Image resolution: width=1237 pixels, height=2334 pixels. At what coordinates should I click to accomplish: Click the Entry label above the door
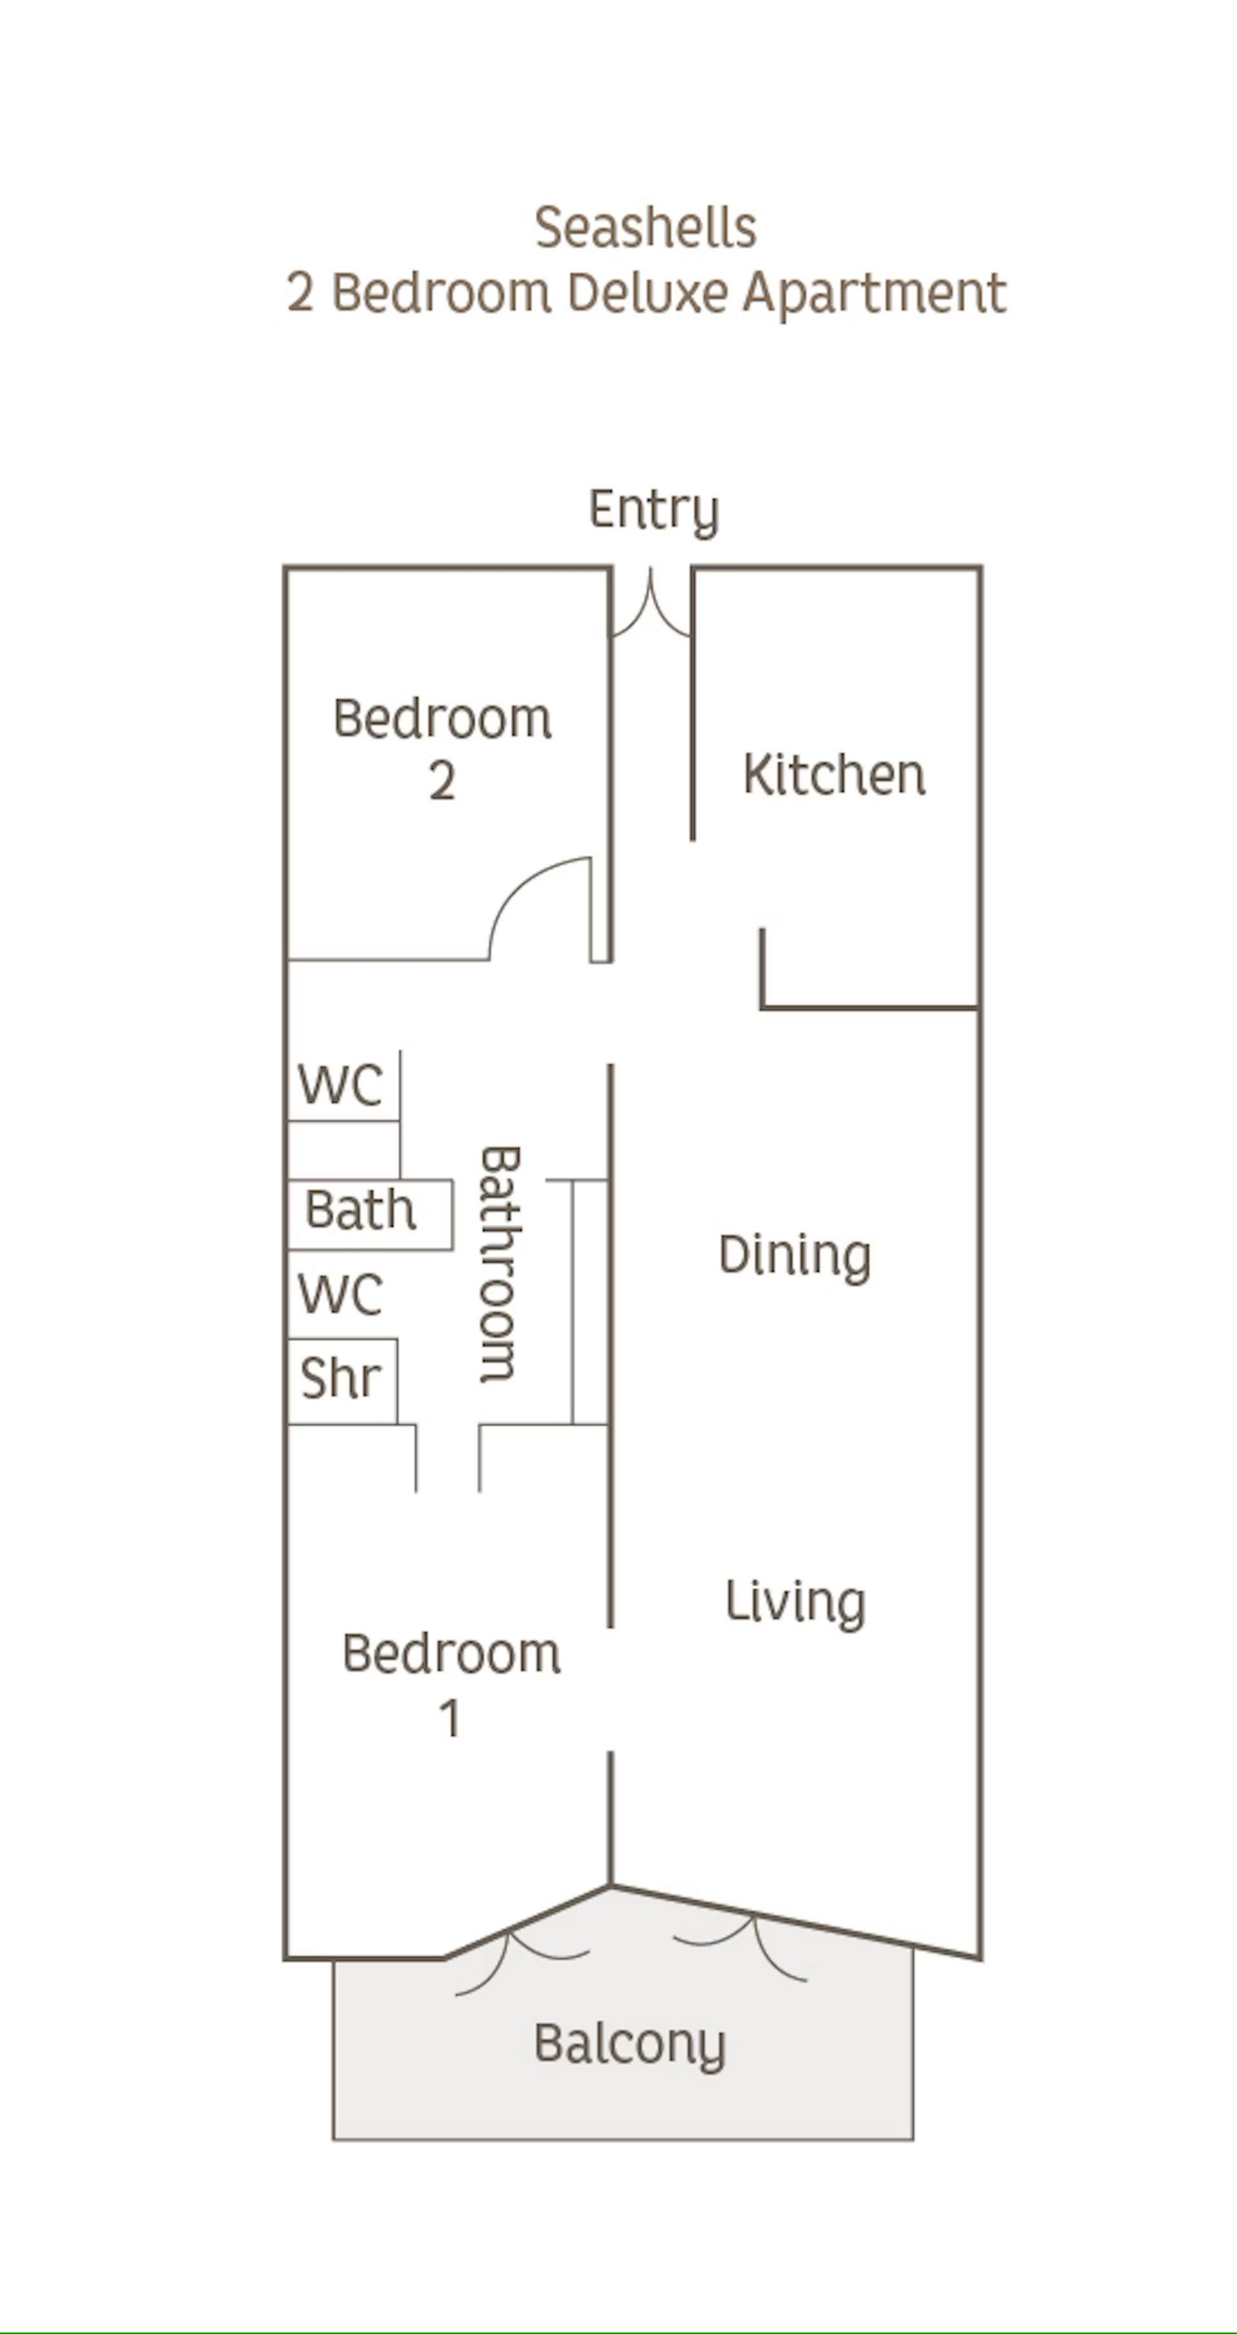(x=654, y=510)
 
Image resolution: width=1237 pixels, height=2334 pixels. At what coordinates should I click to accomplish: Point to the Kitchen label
(x=834, y=775)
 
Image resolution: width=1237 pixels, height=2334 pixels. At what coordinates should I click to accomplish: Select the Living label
(x=795, y=1602)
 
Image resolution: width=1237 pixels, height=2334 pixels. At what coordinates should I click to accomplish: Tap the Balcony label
(x=630, y=2045)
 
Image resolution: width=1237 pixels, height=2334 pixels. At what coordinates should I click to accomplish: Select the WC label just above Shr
(x=341, y=1294)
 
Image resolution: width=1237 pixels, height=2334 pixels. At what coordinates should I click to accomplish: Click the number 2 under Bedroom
(x=442, y=781)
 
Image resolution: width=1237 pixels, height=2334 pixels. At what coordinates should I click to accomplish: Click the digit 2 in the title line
(x=300, y=293)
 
